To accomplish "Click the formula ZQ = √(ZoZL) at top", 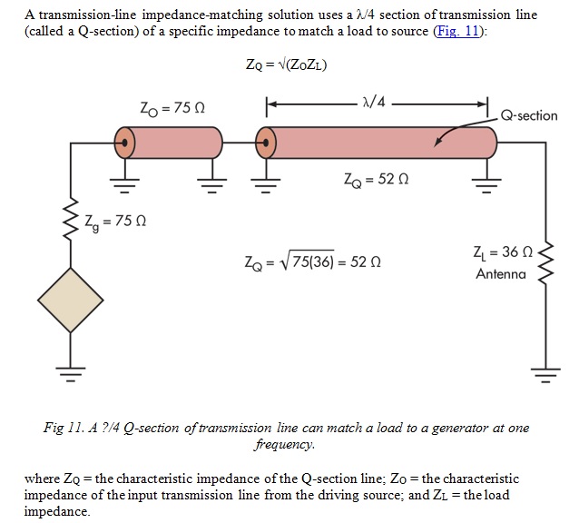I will [x=280, y=64].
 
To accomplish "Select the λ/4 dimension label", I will [x=372, y=102].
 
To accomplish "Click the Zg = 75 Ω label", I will [x=114, y=219].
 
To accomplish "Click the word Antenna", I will [x=501, y=273].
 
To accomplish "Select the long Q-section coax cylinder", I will [x=381, y=142].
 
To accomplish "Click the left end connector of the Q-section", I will [x=265, y=142].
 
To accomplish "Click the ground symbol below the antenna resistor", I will [x=545, y=372].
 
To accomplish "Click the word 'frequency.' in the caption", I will [x=285, y=445].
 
